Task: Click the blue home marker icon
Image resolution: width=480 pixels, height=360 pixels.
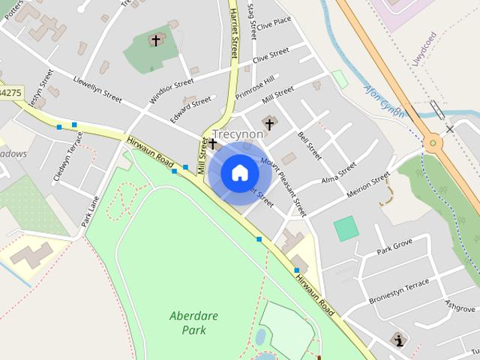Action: point(239,173)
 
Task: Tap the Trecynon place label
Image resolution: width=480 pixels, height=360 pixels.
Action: point(238,134)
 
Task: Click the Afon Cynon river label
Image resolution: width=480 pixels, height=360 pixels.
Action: point(384,101)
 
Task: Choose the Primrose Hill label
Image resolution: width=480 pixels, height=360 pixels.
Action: point(256,87)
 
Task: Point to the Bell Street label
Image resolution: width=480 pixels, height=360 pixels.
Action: point(309,146)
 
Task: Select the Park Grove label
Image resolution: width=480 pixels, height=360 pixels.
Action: point(394,245)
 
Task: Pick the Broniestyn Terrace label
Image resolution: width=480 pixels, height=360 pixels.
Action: point(399,291)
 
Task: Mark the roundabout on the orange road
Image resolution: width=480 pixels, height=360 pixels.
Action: point(432,142)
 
